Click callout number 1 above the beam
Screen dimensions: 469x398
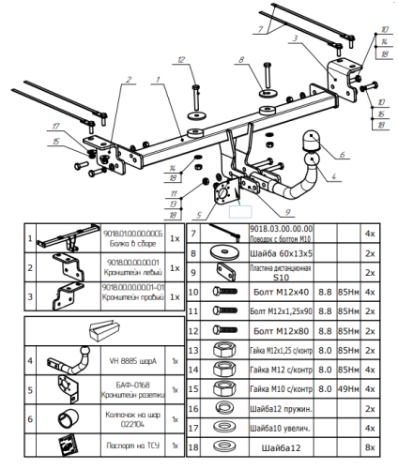pyautogui.click(x=160, y=79)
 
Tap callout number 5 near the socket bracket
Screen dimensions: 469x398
pyautogui.click(x=200, y=215)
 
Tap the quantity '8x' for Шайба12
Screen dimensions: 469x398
pyautogui.click(x=370, y=448)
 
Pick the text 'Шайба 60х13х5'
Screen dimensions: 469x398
pyautogui.click(x=276, y=253)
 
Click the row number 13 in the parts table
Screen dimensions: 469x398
pyautogui.click(x=193, y=351)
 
